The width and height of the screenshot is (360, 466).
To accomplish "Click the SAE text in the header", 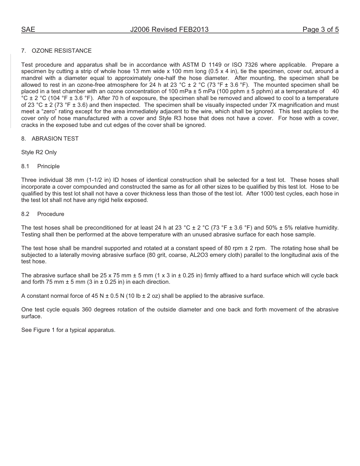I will point(28,30).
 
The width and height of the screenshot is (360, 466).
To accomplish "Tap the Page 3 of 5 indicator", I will point(320,30).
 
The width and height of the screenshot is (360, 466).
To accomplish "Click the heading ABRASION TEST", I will point(55,139).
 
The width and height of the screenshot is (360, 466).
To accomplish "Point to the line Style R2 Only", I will point(39,152).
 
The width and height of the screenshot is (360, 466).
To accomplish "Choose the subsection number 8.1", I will point(25,166).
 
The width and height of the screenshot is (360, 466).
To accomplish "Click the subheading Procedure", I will point(51,214).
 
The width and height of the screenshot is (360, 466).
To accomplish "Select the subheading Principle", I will point(49,166).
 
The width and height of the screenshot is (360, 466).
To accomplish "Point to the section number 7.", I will point(23,51).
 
